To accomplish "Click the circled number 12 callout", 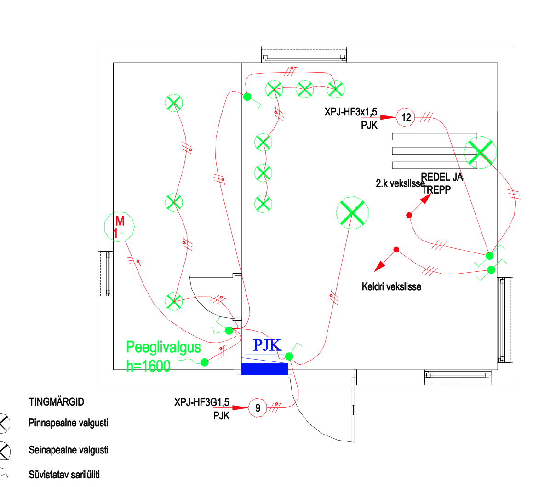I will click(406, 117).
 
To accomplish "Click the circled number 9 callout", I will click(258, 408).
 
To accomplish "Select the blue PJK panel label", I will click(267, 345).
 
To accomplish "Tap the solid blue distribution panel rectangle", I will click(264, 369).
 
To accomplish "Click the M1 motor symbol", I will click(119, 227).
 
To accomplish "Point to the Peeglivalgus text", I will click(163, 347).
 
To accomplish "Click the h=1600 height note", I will click(148, 366).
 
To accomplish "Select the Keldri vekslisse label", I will click(391, 287).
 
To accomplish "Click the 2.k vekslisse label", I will click(400, 183).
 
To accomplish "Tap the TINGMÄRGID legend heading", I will click(57, 402).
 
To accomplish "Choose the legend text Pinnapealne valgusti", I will click(69, 423).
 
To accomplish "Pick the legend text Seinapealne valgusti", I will click(69, 450).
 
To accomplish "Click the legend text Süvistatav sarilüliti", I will click(64, 475).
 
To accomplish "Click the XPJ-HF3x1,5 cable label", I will click(350, 112).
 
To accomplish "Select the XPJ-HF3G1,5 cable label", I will click(201, 402).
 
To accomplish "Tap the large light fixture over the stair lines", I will click(480, 152).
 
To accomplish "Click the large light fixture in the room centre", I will click(352, 213).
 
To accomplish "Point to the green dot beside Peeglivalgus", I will click(205, 362).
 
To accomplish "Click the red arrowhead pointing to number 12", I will click(389, 117).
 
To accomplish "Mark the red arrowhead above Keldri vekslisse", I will click(379, 266).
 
